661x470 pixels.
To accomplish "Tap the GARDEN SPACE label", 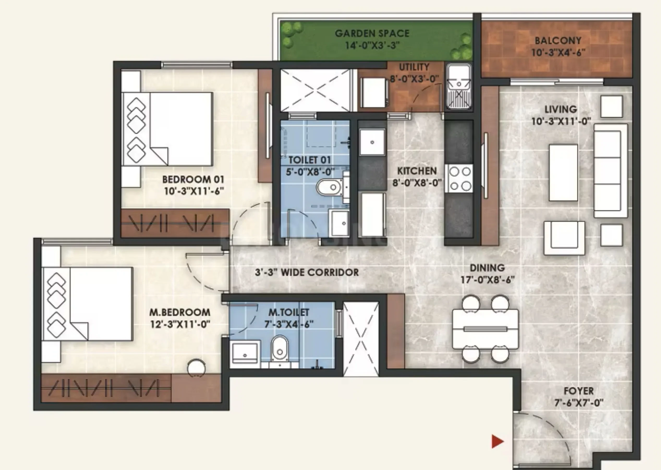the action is pyautogui.click(x=372, y=34).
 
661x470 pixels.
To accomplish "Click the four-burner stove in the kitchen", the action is pyautogui.click(x=459, y=179).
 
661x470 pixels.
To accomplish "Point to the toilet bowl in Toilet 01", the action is pyautogui.click(x=330, y=187).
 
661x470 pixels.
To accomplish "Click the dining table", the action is pyautogui.click(x=485, y=329).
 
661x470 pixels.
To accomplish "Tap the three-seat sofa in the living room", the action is pyautogui.click(x=611, y=171).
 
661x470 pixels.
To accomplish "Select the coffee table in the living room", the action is pyautogui.click(x=563, y=173).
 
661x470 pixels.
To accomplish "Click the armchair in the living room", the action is pyautogui.click(x=564, y=238).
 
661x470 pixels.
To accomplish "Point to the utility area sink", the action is pyautogui.click(x=459, y=87).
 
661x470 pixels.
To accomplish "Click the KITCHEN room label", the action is pyautogui.click(x=417, y=171).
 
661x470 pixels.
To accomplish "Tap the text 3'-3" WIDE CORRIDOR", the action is pyautogui.click(x=307, y=272).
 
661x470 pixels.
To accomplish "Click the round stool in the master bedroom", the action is pyautogui.click(x=196, y=368).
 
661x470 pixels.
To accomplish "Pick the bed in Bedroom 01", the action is pyautogui.click(x=167, y=129).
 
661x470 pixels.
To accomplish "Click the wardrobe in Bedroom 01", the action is pyautogui.click(x=175, y=224).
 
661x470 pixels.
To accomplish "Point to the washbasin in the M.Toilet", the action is pyautogui.click(x=245, y=353).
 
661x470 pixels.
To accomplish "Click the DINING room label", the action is pyautogui.click(x=487, y=268).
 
